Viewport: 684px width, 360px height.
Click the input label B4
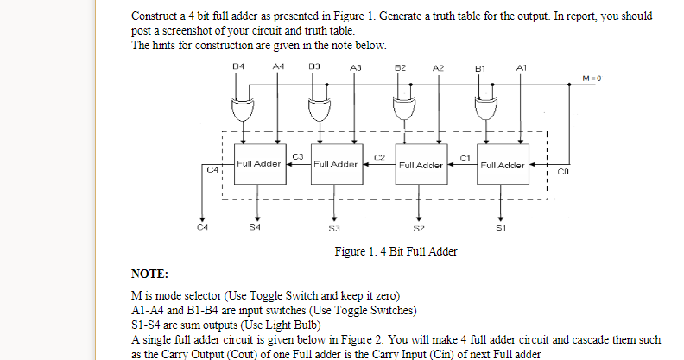[x=239, y=66]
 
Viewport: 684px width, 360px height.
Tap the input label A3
[x=355, y=66]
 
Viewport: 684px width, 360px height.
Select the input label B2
[x=400, y=66]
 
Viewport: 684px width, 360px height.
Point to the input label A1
[x=520, y=66]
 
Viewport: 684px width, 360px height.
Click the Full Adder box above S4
[x=258, y=164]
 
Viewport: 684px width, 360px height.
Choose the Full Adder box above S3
[x=336, y=164]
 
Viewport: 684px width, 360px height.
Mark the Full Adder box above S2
[x=419, y=164]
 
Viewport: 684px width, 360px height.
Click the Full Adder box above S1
[x=501, y=164]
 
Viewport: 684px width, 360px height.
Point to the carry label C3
[x=298, y=155]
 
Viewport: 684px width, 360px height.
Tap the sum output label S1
[x=499, y=229]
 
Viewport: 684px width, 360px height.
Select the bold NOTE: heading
[x=149, y=274]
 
